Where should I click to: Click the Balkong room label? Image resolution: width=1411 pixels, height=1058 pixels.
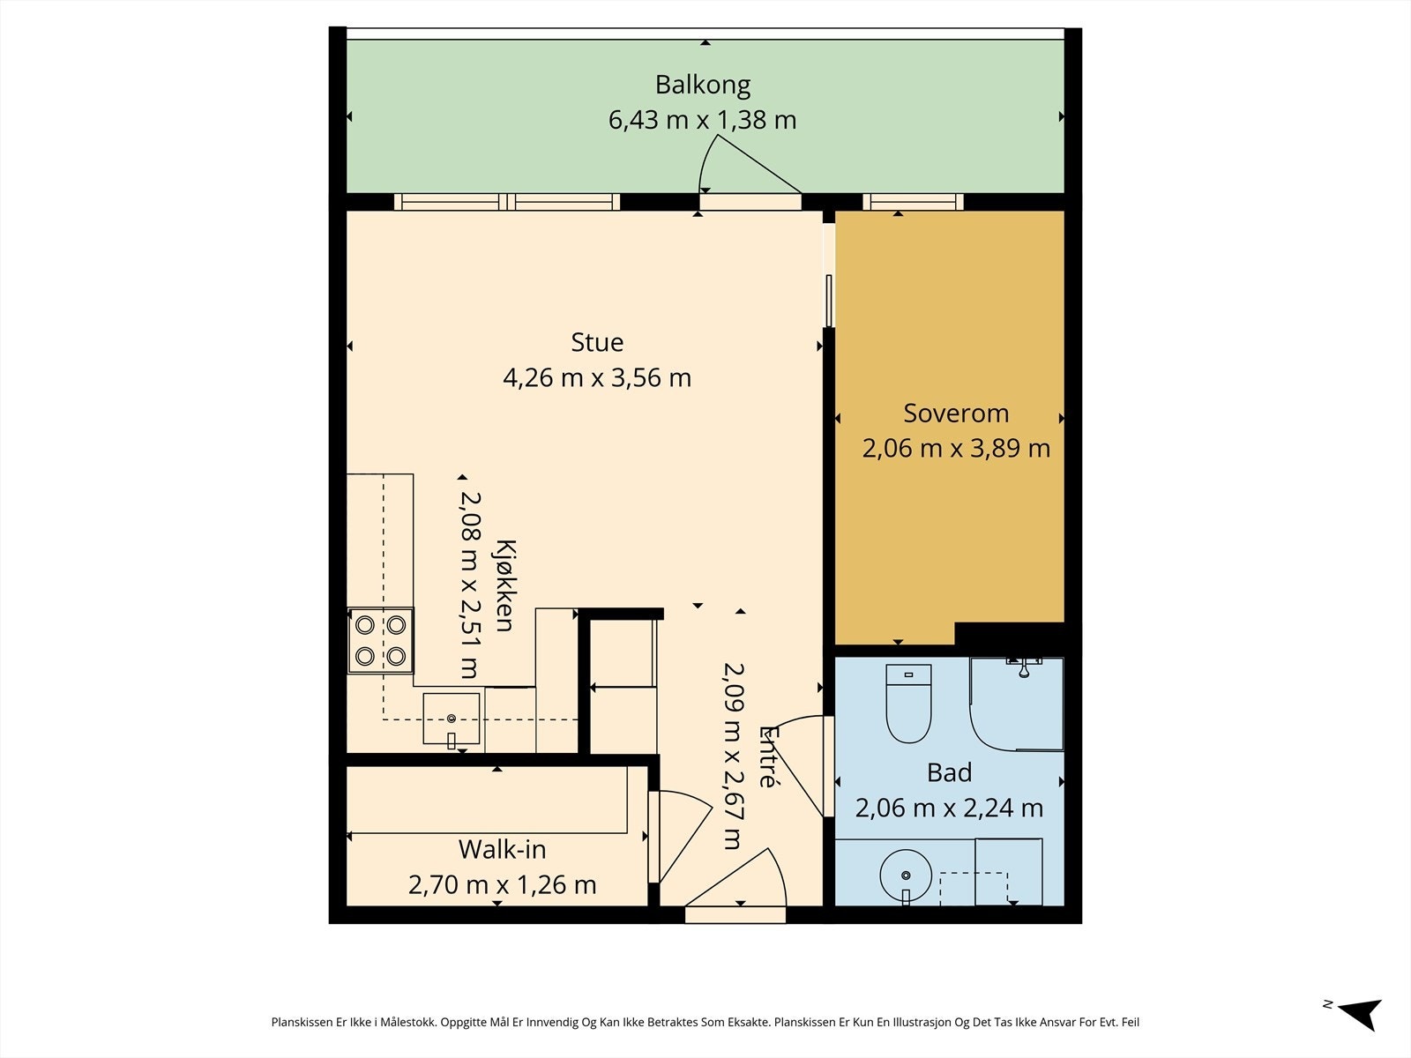pos(703,86)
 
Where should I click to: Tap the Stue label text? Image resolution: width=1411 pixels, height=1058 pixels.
pos(597,342)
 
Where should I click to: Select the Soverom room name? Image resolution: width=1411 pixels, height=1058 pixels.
pos(956,413)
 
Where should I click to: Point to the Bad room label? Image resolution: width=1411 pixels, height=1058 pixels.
pos(949,772)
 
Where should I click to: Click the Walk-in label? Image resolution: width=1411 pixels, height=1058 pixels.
pos(502,849)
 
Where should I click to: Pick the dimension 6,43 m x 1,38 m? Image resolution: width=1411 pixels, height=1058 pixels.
pos(703,120)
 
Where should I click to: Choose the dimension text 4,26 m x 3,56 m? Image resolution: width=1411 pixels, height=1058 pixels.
pos(597,377)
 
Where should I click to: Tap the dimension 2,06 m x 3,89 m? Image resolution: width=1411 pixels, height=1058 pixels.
pos(956,449)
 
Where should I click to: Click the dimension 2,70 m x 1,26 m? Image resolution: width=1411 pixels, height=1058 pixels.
pos(502,885)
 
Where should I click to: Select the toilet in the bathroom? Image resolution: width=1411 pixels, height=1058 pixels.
pos(908,704)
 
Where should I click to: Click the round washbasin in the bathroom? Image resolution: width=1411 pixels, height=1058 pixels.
pos(906,875)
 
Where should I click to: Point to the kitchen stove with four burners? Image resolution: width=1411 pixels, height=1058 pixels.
pos(381,640)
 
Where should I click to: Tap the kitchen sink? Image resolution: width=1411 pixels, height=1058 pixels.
pos(452,719)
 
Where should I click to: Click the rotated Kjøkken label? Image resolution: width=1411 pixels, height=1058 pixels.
pos(504,585)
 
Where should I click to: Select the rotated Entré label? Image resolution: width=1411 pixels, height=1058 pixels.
pos(768,756)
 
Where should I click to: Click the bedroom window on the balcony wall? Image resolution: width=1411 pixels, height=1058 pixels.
pos(913,202)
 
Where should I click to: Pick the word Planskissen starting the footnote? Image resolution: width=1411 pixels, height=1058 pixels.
pos(302,1022)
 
